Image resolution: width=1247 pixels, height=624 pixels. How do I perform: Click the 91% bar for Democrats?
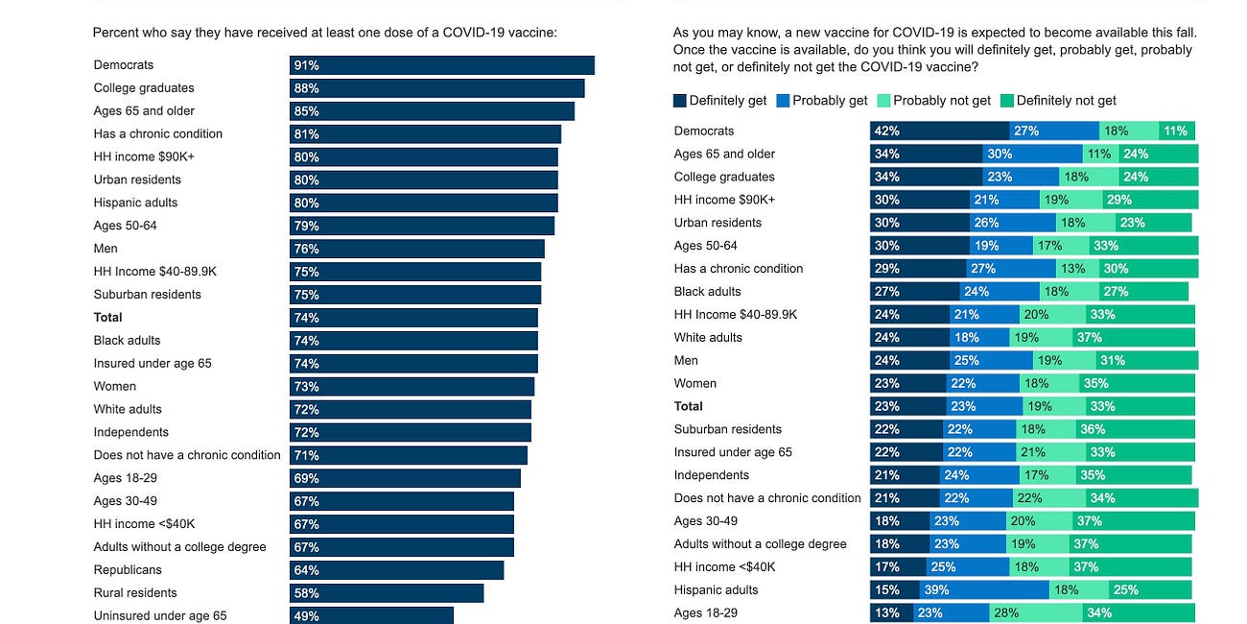(441, 65)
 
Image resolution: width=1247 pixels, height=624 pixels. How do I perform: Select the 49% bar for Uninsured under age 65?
(371, 615)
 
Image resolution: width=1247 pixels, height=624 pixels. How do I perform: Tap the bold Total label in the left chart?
(108, 317)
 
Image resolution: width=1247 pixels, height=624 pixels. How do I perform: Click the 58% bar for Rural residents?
(387, 593)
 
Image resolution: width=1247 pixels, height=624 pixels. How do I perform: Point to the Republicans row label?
(127, 569)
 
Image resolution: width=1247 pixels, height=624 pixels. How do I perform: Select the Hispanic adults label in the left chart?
(135, 203)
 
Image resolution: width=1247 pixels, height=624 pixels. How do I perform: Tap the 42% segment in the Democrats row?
(939, 131)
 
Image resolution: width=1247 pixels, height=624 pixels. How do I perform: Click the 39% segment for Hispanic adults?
(984, 589)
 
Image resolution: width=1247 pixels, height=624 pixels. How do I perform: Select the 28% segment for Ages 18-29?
(1036, 612)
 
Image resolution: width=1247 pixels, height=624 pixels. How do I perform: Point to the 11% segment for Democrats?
(1176, 131)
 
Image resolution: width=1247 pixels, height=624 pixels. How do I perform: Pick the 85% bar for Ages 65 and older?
(432, 111)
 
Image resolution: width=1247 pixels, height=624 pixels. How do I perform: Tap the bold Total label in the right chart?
(689, 406)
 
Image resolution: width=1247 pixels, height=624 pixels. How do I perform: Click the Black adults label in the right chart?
(708, 291)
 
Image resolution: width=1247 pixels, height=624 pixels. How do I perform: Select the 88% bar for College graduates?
(436, 88)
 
